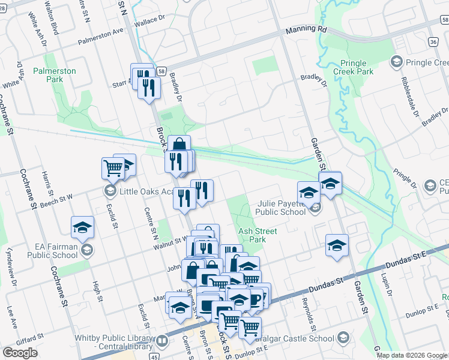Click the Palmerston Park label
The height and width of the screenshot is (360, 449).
point(55,75)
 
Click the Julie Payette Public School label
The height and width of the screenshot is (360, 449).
point(281,208)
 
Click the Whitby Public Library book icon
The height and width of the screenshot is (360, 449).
point(161,342)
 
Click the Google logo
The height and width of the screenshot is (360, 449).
point(20,353)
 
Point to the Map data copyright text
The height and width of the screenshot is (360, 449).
point(411,355)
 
